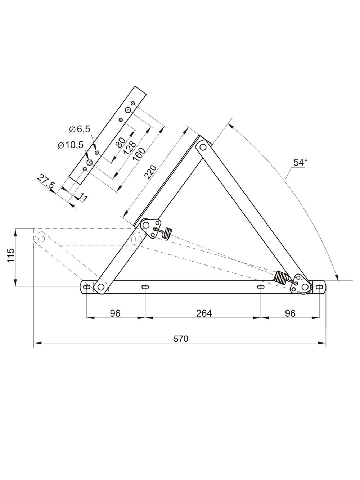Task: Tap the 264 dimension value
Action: (204, 313)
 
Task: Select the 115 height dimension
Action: (11, 255)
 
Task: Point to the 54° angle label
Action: (301, 163)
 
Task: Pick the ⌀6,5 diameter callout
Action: (80, 129)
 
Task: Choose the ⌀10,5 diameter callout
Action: (71, 145)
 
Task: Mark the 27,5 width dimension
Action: (45, 181)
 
